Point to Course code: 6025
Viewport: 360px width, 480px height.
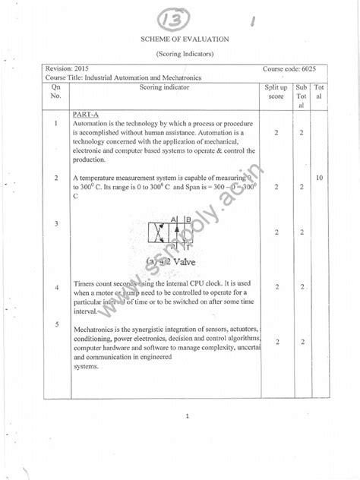[288, 68]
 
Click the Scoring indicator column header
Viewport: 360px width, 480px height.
[164, 87]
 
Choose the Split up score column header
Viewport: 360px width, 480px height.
[275, 92]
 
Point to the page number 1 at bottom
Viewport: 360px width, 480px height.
[186, 415]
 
